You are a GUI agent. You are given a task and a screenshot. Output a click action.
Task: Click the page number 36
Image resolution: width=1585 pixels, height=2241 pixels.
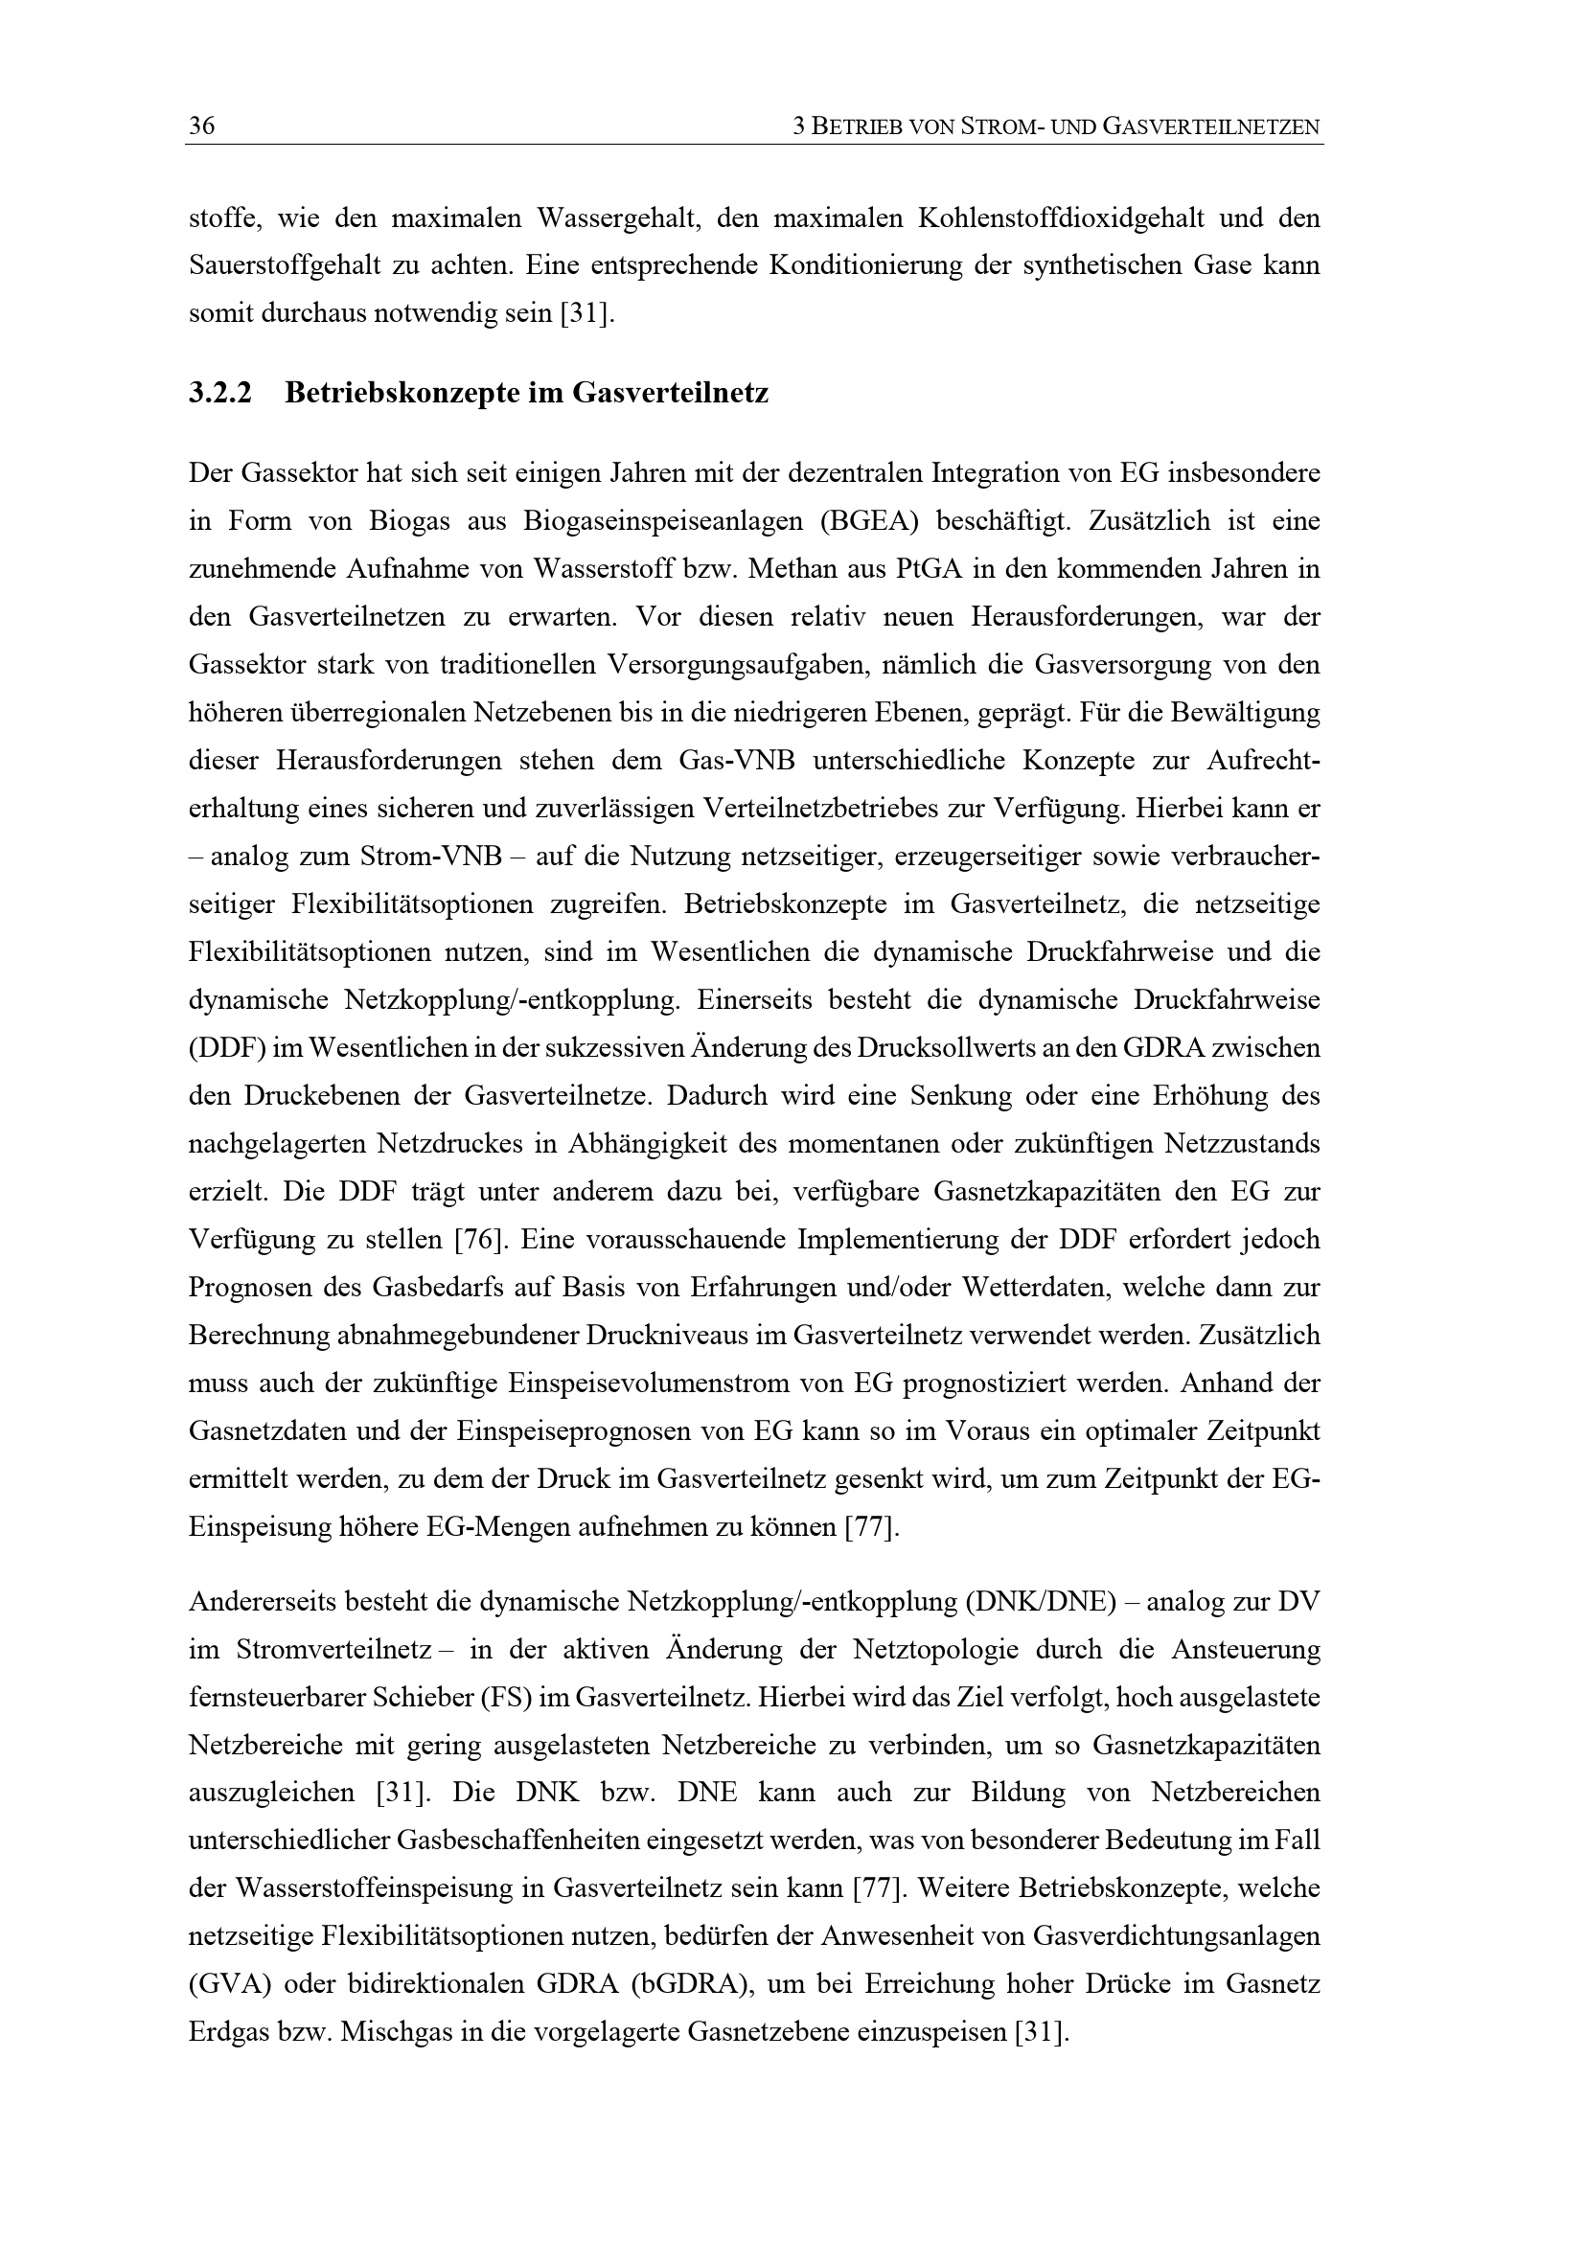[201, 126]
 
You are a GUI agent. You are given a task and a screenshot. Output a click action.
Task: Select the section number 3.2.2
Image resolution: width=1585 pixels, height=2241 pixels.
[219, 394]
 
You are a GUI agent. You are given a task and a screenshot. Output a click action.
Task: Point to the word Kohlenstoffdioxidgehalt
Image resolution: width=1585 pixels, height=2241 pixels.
[1061, 217]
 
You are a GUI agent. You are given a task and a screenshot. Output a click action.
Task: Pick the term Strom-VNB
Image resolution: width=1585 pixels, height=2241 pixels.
[429, 857]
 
